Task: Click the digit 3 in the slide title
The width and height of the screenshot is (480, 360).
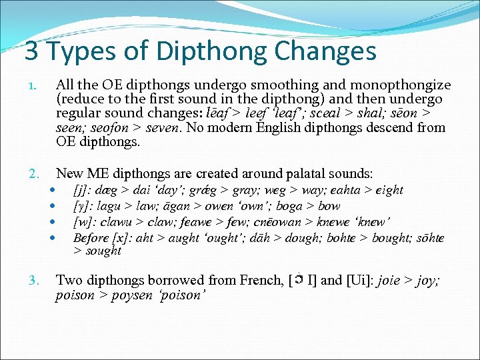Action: [31, 51]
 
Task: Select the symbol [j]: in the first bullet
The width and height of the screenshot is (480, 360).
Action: [84, 190]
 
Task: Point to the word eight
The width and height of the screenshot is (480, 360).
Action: [389, 190]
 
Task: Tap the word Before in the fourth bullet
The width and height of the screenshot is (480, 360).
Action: [91, 238]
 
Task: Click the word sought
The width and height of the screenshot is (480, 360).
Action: [103, 251]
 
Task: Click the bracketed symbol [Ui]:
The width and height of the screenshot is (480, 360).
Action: [355, 281]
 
